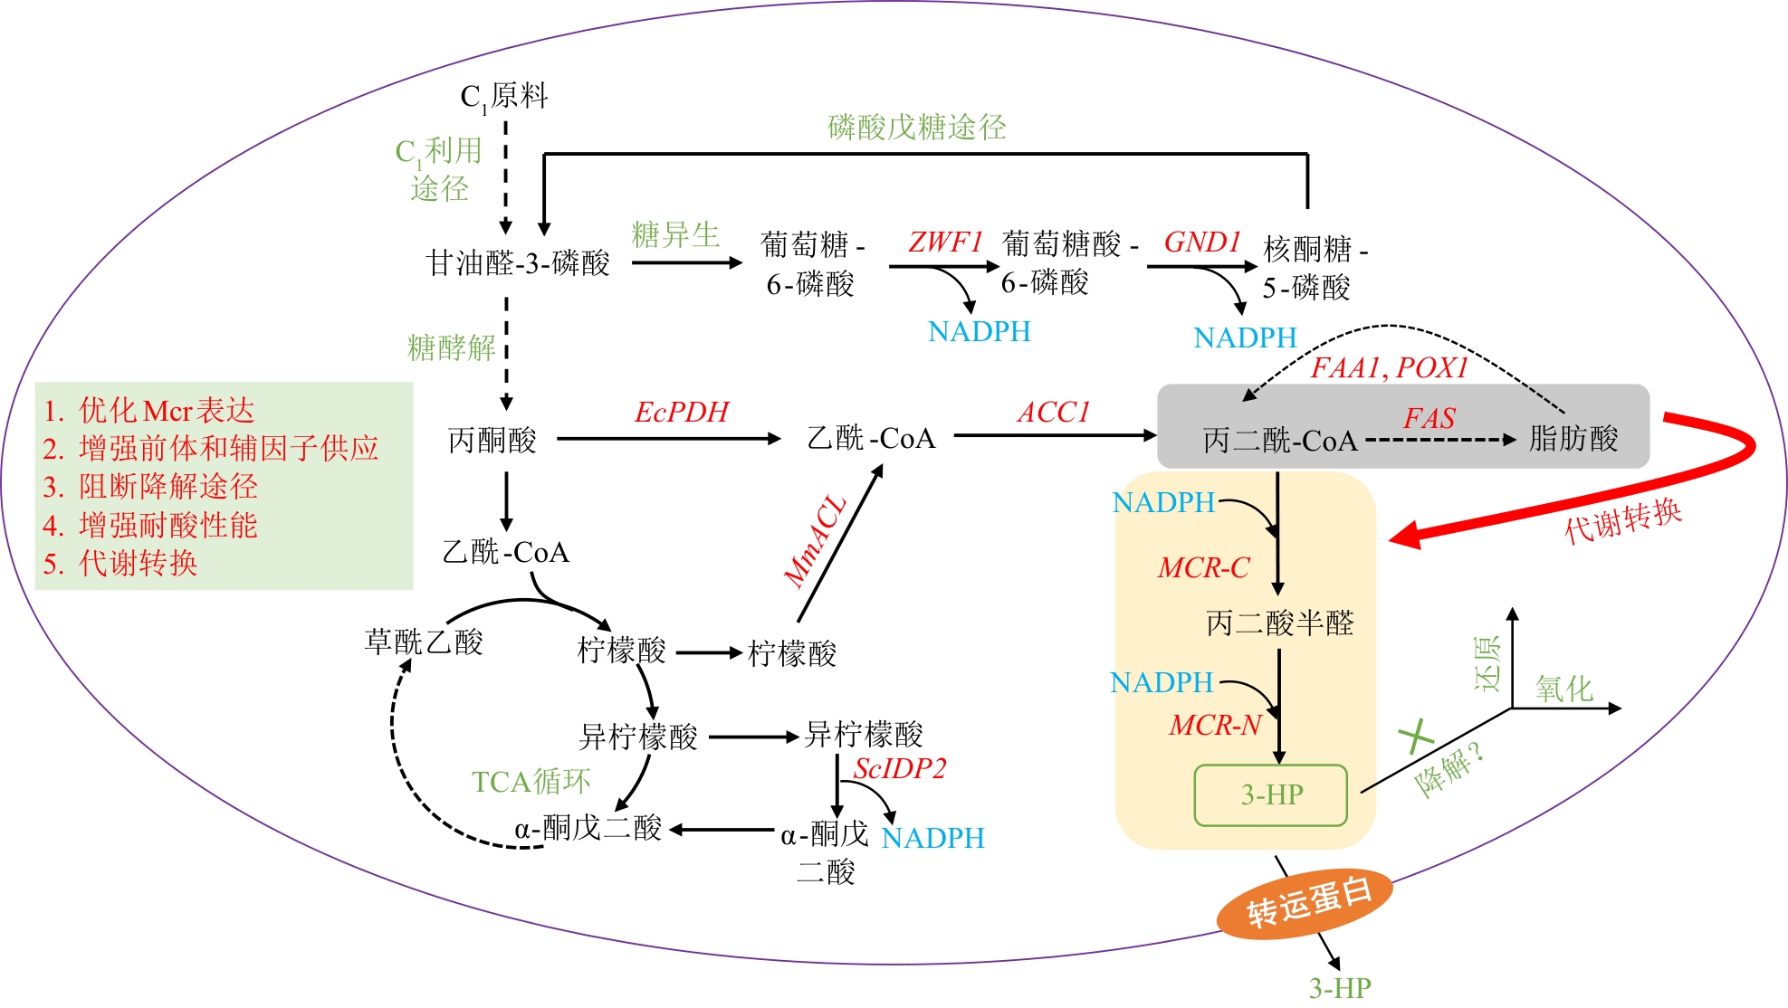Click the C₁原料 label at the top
coord(503,96)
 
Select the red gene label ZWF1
coord(945,242)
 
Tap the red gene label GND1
coord(1201,242)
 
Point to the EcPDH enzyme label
coord(681,413)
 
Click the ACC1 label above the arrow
coord(1053,413)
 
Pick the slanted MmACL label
coord(814,542)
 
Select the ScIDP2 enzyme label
coord(899,769)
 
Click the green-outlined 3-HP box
coord(1271,795)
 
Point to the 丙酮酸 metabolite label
coord(492,441)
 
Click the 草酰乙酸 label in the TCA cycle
coord(424,642)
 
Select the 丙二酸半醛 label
coord(1279,623)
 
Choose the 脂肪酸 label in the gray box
coord(1573,439)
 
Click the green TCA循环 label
coord(531,782)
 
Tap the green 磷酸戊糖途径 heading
coord(916,128)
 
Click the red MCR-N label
coord(1215,726)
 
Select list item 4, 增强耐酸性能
coord(151,526)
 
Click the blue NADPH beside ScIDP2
coord(932,839)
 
